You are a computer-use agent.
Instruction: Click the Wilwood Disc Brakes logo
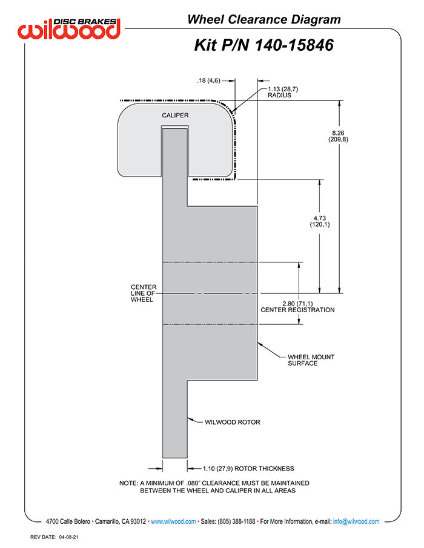(x=69, y=28)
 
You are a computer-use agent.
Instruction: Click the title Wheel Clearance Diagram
(x=264, y=19)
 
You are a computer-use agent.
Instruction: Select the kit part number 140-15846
(x=293, y=45)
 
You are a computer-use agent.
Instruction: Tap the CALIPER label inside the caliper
(x=175, y=116)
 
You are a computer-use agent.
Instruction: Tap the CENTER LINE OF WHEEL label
(x=144, y=293)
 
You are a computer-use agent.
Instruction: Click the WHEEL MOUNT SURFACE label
(x=311, y=360)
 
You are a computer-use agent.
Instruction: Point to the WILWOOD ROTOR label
(x=233, y=422)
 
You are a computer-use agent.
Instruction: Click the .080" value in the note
(x=193, y=483)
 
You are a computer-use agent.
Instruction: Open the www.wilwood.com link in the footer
(x=173, y=521)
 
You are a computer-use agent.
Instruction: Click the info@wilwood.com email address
(x=356, y=521)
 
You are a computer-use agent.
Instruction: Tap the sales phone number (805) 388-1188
(x=236, y=521)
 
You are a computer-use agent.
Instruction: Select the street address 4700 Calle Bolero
(x=68, y=521)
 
